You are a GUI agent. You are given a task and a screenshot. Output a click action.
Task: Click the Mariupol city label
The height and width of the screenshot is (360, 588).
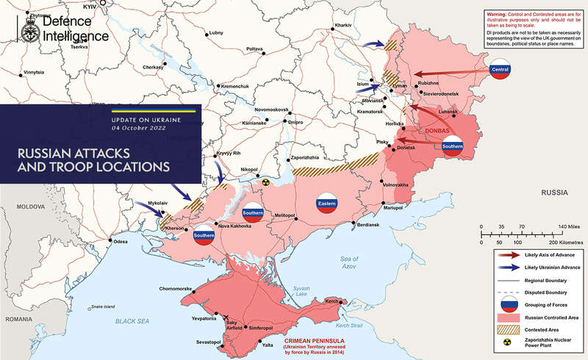[394, 209]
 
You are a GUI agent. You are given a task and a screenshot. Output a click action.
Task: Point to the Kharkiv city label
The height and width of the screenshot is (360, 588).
[343, 26]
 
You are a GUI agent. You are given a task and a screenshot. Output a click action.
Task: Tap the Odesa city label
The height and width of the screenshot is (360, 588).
[120, 242]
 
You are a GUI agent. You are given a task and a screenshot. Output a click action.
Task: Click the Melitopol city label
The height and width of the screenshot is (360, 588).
[287, 215]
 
